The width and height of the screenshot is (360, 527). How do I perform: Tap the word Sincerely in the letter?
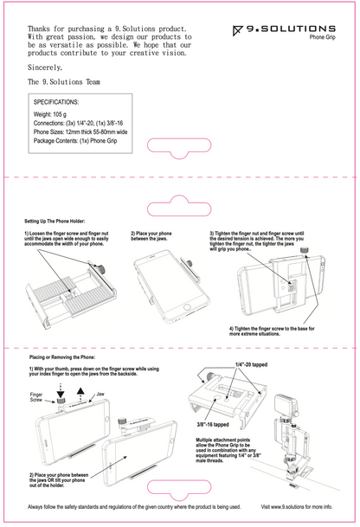tap(45, 67)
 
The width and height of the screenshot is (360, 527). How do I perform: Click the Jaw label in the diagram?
tap(101, 394)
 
